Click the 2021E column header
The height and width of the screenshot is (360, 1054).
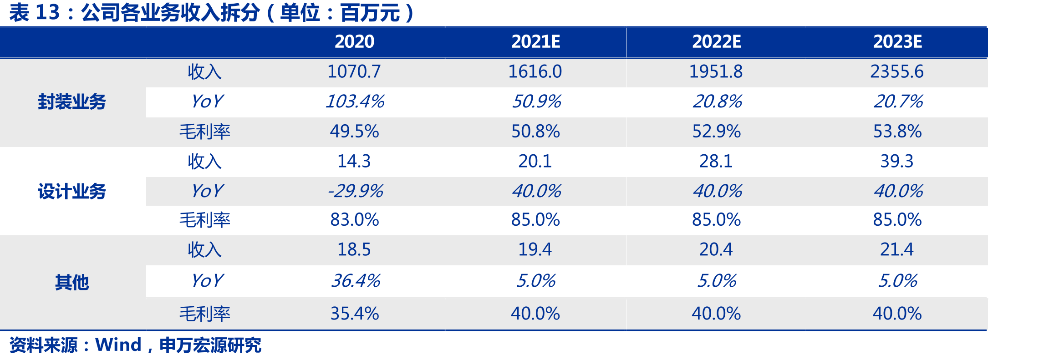point(535,42)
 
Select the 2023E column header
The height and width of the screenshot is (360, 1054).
point(897,42)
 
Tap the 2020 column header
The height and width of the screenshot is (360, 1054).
point(354,42)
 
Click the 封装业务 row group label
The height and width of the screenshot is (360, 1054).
point(72,102)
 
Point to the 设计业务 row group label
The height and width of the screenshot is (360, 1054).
point(72,192)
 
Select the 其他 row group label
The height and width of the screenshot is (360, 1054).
point(72,283)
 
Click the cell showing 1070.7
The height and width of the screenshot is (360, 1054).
point(354,71)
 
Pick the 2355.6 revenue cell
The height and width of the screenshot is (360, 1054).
point(897,71)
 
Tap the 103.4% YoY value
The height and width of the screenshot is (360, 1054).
point(355,101)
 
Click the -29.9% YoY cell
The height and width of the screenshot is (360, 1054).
point(355,191)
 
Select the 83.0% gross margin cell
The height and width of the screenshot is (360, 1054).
point(354,220)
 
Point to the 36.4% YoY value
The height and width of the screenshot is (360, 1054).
point(356,280)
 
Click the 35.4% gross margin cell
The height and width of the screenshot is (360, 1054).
point(354,314)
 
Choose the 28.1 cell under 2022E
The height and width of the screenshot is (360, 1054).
point(716,161)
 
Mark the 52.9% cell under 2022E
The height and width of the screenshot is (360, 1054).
point(716,132)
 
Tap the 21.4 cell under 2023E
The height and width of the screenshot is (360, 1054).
point(897,249)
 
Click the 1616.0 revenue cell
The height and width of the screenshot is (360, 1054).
point(535,71)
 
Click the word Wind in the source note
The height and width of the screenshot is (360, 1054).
point(118,345)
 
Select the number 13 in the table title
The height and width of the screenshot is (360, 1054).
point(47,12)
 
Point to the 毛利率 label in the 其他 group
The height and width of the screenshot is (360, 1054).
point(205,314)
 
